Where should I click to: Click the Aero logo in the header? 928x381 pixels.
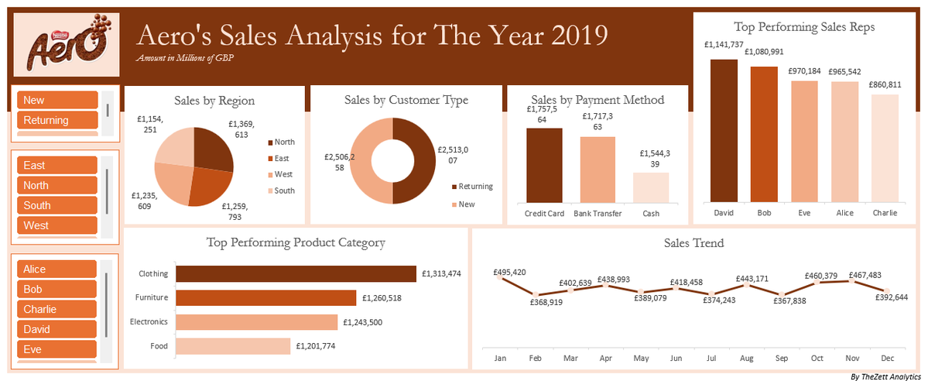[x=65, y=48]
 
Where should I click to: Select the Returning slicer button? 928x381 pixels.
[x=57, y=120]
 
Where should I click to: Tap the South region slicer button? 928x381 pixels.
[x=57, y=205]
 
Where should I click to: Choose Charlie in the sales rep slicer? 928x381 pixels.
[x=57, y=309]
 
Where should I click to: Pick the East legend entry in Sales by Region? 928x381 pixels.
[x=280, y=158]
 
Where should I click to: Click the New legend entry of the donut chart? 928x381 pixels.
[x=467, y=204]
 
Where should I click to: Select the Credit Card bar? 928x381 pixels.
[x=544, y=165]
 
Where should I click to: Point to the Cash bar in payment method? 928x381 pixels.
[x=651, y=187]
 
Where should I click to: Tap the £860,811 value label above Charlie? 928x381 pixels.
[x=885, y=84]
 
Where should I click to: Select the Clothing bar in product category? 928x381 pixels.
[x=296, y=274]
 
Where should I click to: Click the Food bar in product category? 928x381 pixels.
[x=233, y=346]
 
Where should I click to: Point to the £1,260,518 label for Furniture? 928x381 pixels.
[x=382, y=298]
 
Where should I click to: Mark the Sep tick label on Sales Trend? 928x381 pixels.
[x=781, y=359]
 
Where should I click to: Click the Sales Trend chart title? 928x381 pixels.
[x=694, y=243]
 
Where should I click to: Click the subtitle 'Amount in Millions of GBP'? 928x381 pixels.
[x=185, y=58]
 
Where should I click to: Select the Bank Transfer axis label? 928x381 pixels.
[x=598, y=214]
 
